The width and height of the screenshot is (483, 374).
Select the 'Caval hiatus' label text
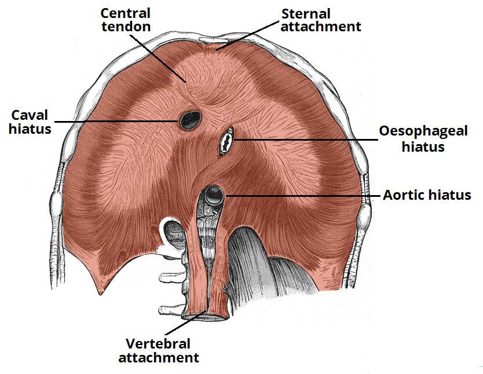tap(30, 120)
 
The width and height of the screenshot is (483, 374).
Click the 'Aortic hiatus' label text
tap(427, 195)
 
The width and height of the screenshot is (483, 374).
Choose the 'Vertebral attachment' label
tap(159, 350)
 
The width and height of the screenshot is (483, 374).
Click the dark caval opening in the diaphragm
tap(189, 120)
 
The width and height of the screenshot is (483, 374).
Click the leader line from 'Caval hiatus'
tap(116, 121)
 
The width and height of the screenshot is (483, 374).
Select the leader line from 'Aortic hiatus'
tap(301, 196)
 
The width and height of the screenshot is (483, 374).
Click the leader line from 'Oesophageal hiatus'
tap(301, 140)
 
